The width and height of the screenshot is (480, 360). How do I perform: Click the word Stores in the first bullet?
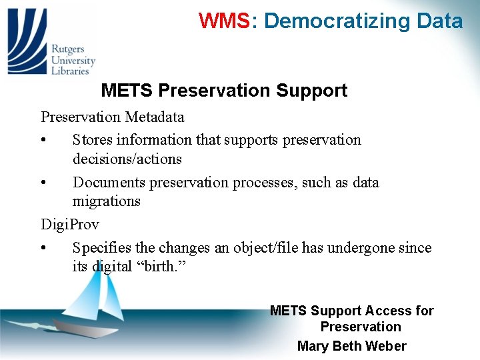coord(93,140)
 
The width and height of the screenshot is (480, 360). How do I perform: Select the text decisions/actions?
coord(127,159)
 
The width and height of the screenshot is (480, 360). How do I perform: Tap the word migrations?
coord(106,201)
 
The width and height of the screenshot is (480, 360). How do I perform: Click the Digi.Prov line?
coord(69,224)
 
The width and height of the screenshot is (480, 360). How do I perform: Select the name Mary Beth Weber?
coord(351,345)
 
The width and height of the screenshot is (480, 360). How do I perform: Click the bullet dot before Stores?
coord(43,141)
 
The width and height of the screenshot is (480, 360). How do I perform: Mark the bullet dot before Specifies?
coord(43,249)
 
